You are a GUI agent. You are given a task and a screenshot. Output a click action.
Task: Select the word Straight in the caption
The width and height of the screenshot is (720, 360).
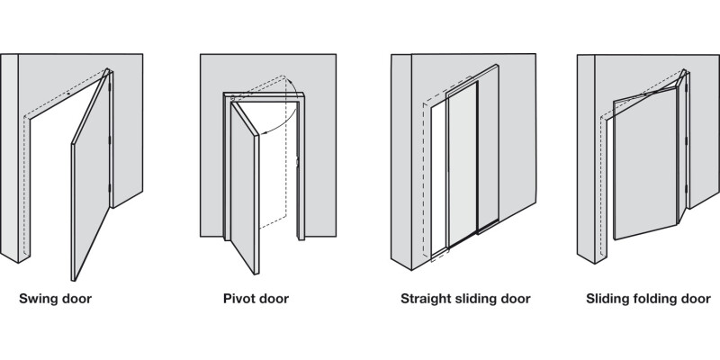(426, 300)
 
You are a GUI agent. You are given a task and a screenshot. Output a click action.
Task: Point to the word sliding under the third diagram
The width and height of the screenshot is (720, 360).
(478, 300)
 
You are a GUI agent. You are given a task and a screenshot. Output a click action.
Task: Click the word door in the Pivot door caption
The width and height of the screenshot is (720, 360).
(274, 299)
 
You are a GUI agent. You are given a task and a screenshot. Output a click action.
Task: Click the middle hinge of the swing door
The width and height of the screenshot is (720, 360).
(109, 139)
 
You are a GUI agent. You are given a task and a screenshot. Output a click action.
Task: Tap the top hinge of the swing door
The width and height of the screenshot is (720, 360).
(110, 85)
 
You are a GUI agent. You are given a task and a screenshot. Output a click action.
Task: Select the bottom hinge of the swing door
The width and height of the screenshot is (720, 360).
(109, 188)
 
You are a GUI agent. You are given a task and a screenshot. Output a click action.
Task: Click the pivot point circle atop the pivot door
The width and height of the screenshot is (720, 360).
(233, 98)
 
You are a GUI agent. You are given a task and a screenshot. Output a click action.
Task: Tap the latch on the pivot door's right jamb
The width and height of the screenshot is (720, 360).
(297, 162)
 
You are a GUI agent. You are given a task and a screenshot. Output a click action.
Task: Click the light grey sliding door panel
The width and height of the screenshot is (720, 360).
(462, 163)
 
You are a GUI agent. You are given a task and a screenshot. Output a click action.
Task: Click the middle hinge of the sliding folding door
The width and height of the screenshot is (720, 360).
(686, 139)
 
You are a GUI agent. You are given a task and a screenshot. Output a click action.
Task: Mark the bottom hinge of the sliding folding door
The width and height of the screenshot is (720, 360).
(686, 188)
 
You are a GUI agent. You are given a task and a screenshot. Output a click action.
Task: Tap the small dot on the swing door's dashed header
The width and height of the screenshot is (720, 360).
(68, 94)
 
